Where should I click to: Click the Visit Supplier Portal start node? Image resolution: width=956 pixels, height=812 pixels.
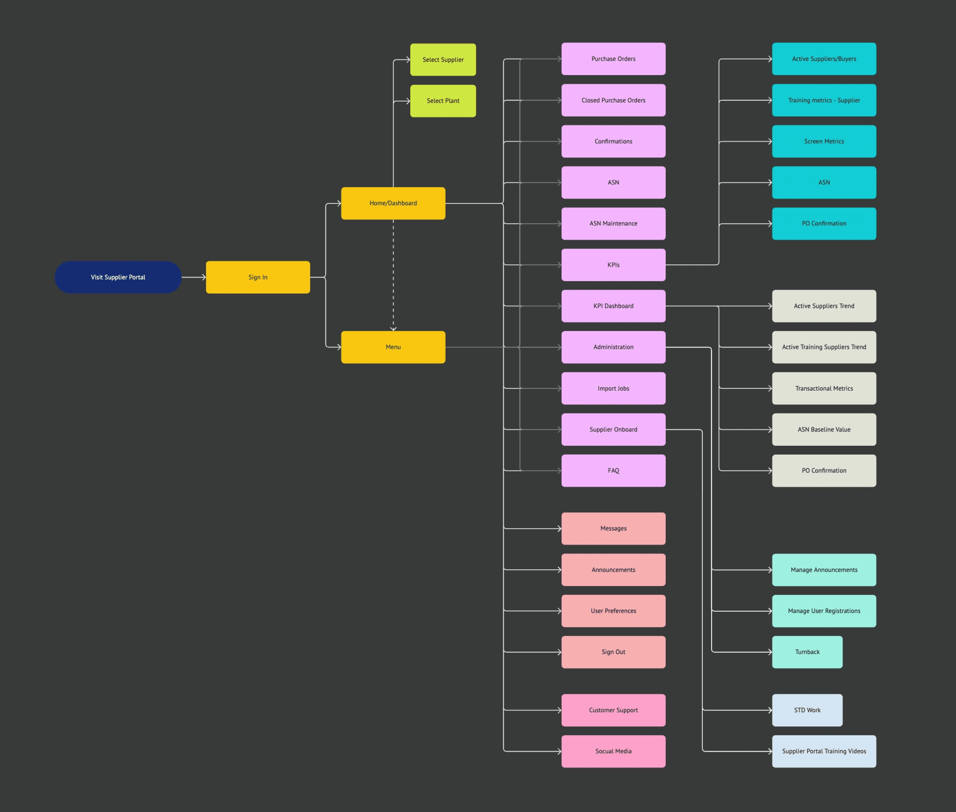pyautogui.click(x=118, y=277)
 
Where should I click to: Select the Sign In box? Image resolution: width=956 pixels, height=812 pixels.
pyautogui.click(x=258, y=277)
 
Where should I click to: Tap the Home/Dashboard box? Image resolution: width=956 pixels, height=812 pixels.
pyautogui.click(x=393, y=203)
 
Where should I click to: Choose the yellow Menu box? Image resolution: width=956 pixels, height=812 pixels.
pyautogui.click(x=393, y=347)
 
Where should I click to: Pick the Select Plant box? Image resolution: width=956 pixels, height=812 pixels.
pyautogui.click(x=443, y=101)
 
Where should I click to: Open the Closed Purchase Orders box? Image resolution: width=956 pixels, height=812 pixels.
pyautogui.click(x=613, y=100)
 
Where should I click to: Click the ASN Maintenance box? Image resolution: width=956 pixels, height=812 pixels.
pyautogui.click(x=613, y=224)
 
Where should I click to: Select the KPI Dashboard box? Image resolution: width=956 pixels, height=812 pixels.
pyautogui.click(x=613, y=306)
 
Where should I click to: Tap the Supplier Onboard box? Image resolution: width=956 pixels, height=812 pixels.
pyautogui.click(x=613, y=429)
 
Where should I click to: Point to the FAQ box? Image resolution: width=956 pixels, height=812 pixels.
pyautogui.click(x=613, y=470)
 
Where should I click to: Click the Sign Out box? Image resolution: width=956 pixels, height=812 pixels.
pyautogui.click(x=613, y=652)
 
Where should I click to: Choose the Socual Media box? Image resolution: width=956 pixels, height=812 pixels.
pyautogui.click(x=613, y=751)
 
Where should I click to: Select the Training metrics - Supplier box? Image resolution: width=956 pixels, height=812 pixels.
pyautogui.click(x=824, y=100)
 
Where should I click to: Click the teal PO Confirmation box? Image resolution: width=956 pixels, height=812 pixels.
pyautogui.click(x=824, y=224)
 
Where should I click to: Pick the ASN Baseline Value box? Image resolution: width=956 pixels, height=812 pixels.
pyautogui.click(x=824, y=429)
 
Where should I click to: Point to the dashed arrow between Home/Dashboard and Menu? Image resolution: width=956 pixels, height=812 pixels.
pyautogui.click(x=393, y=276)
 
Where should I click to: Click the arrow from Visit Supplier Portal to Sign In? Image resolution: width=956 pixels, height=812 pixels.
pyautogui.click(x=193, y=277)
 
